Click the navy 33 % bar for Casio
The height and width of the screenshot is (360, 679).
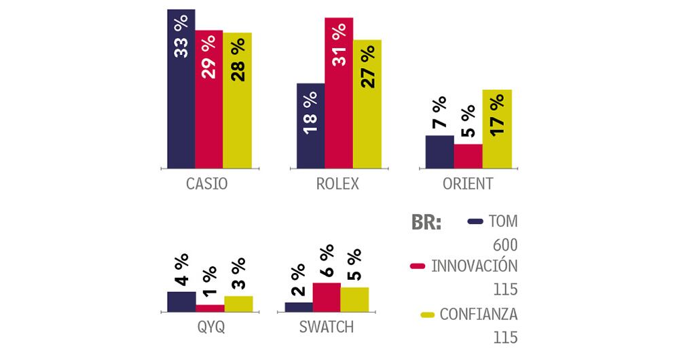[181, 88]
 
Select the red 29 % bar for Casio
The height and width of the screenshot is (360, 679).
[209, 98]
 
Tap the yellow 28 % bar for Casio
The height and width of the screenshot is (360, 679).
[237, 100]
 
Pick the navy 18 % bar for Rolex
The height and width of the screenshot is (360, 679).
[310, 125]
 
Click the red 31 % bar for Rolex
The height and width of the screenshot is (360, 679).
[339, 92]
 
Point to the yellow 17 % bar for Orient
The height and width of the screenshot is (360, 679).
[497, 128]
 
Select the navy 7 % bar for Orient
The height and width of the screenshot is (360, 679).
[439, 151]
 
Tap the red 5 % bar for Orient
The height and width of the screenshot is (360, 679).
[468, 156]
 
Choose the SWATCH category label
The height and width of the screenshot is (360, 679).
[327, 327]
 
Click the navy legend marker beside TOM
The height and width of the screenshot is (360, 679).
[475, 221]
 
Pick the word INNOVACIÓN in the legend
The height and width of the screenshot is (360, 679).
[475, 266]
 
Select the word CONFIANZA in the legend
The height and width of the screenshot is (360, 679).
[479, 314]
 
